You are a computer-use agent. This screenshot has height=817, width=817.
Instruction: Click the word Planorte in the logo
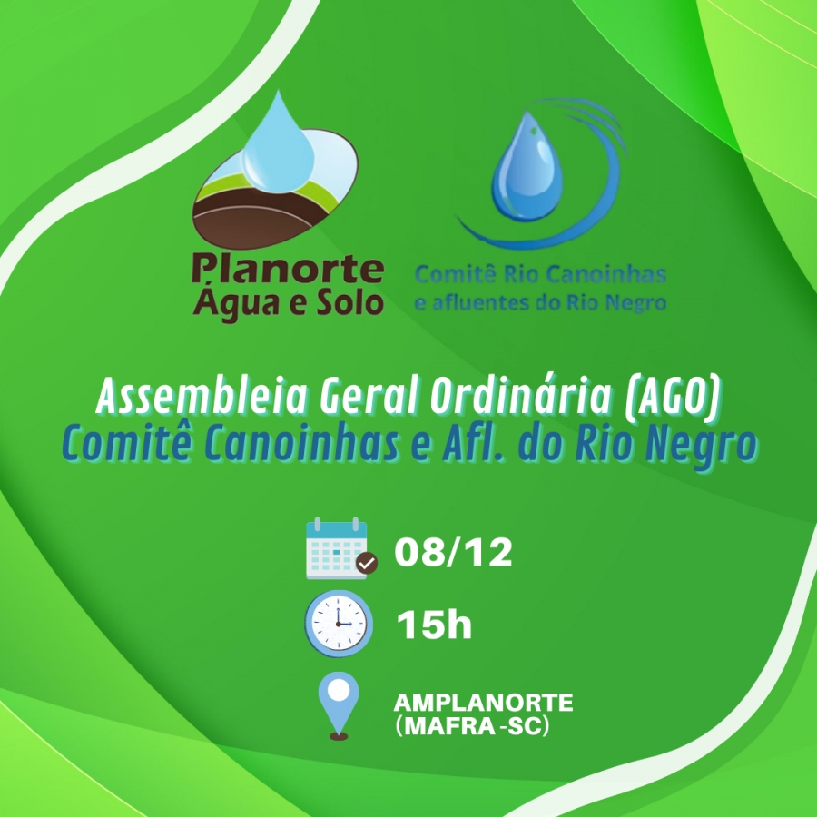(x=288, y=269)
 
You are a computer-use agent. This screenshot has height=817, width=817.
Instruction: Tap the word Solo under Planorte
(x=350, y=302)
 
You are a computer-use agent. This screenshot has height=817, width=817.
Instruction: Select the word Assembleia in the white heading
(x=202, y=396)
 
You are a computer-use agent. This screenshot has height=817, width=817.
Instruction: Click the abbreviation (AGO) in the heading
(x=673, y=397)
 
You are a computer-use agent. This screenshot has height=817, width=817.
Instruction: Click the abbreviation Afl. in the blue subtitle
(x=476, y=444)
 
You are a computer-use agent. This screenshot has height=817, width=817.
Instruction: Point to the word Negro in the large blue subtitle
(x=701, y=446)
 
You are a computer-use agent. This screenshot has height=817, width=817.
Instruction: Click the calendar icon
(x=338, y=548)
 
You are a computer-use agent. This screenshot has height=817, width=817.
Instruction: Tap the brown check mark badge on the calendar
(x=367, y=563)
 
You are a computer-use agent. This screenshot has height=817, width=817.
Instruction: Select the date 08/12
(x=453, y=552)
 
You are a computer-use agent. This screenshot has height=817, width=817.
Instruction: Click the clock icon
(x=339, y=623)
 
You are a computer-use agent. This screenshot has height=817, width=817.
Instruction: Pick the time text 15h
(x=434, y=625)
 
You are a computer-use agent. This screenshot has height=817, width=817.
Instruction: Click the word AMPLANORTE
(x=484, y=703)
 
